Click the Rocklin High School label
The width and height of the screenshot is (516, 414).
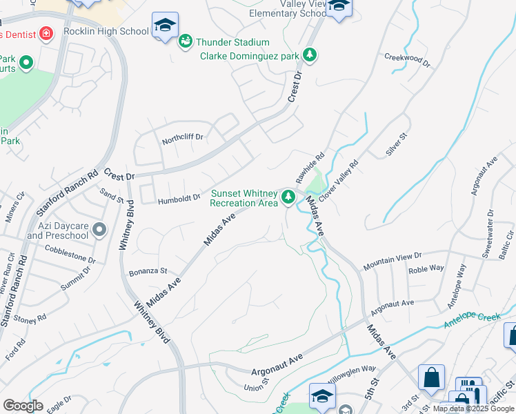[106, 31]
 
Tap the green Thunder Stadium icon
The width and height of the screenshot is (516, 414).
[186, 43]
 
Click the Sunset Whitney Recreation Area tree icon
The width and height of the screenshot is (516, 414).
[288, 198]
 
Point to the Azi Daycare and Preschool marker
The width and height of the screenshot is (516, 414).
[99, 230]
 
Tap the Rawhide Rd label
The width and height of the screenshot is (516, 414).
[310, 168]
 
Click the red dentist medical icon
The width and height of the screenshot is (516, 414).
[46, 32]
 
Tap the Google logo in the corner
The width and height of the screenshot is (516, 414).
[23, 406]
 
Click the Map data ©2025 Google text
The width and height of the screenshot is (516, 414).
[473, 409]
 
